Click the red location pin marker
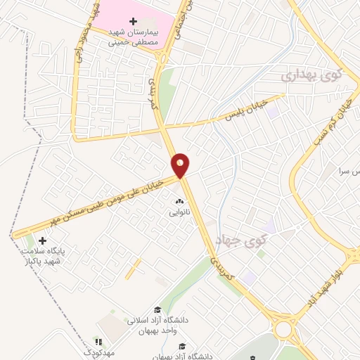pyautogui.click(x=181, y=165)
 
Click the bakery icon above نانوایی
pyautogui.click(x=178, y=200)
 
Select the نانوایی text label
pyautogui.click(x=178, y=210)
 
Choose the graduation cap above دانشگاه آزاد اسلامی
pyautogui.click(x=157, y=310)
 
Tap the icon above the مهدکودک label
pyautogui.click(x=98, y=342)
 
